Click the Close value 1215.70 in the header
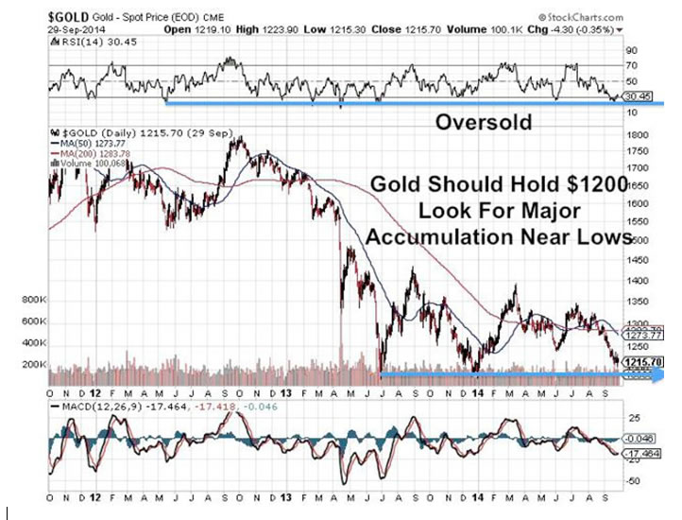coord(431,30)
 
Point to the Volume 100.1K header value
coord(503,30)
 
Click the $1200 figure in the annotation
coord(593,185)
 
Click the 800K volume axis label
coord(32,301)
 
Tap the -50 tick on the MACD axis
coord(632,479)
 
